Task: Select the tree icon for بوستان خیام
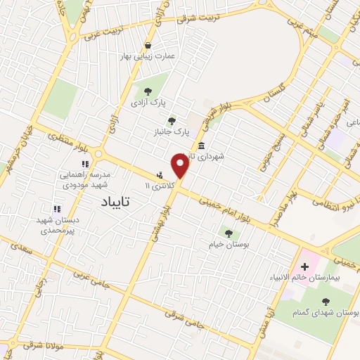click(228, 233)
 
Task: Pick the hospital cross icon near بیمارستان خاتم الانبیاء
click(304, 266)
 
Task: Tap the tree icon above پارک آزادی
click(148, 91)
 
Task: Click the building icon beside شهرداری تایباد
click(202, 146)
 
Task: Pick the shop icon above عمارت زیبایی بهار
click(148, 42)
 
